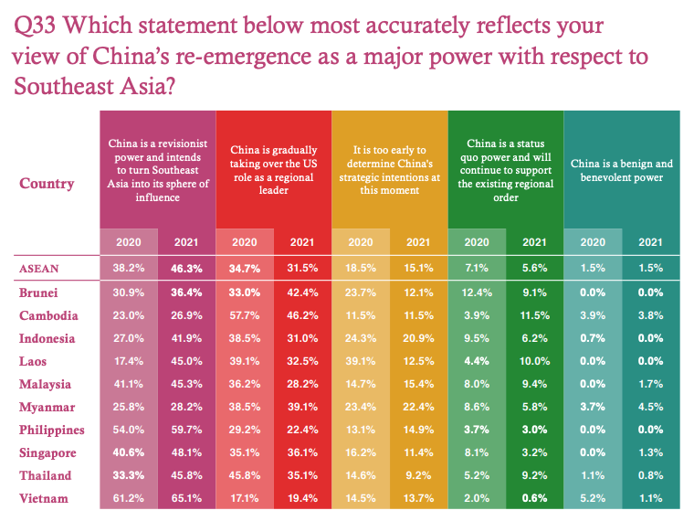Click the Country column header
coord(47,183)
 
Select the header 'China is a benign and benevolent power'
coord(621,170)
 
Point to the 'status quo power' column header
coord(505,170)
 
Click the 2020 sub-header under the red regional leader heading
coord(244,242)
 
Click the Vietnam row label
coord(43,498)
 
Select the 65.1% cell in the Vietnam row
coord(185,498)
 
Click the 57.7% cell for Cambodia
coord(244,315)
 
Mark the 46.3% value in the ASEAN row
coord(185,269)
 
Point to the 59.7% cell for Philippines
coord(185,430)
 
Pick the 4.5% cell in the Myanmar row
coord(650,407)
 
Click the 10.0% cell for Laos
coord(534,361)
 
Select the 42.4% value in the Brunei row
coord(301,292)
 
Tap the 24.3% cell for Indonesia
coord(360,338)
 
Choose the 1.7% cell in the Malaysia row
coord(650,384)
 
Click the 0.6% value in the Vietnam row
coord(534,498)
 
